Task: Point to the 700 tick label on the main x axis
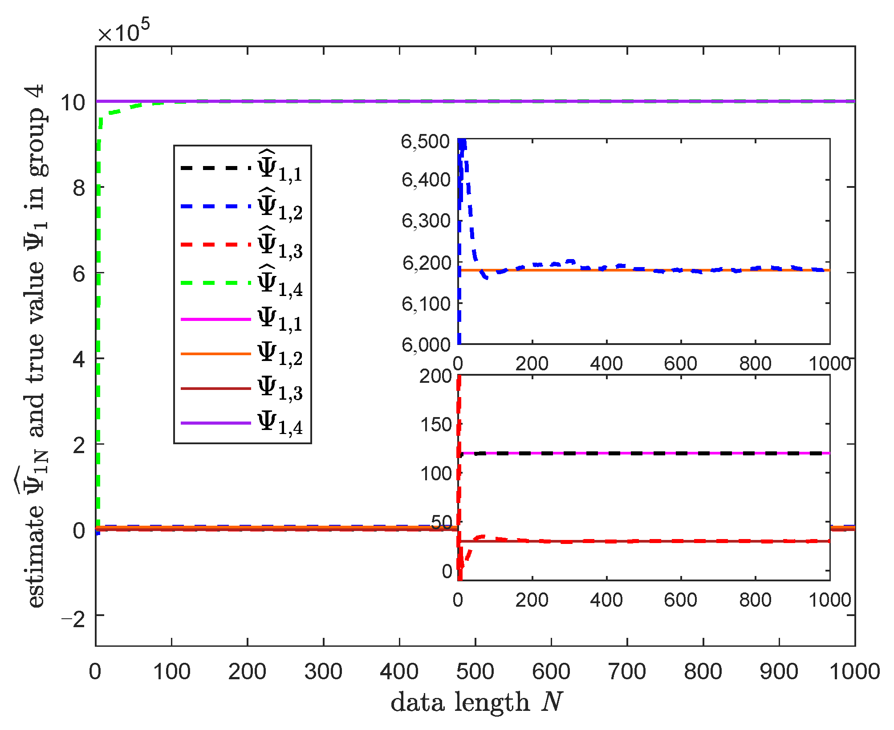click(627, 671)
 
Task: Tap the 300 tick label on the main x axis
click(323, 671)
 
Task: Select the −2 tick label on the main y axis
click(73, 619)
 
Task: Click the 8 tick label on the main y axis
click(79, 188)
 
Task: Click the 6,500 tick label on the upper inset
click(426, 142)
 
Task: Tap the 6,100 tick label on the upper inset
click(426, 304)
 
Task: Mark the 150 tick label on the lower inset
click(436, 425)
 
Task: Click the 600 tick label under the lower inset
click(680, 600)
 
